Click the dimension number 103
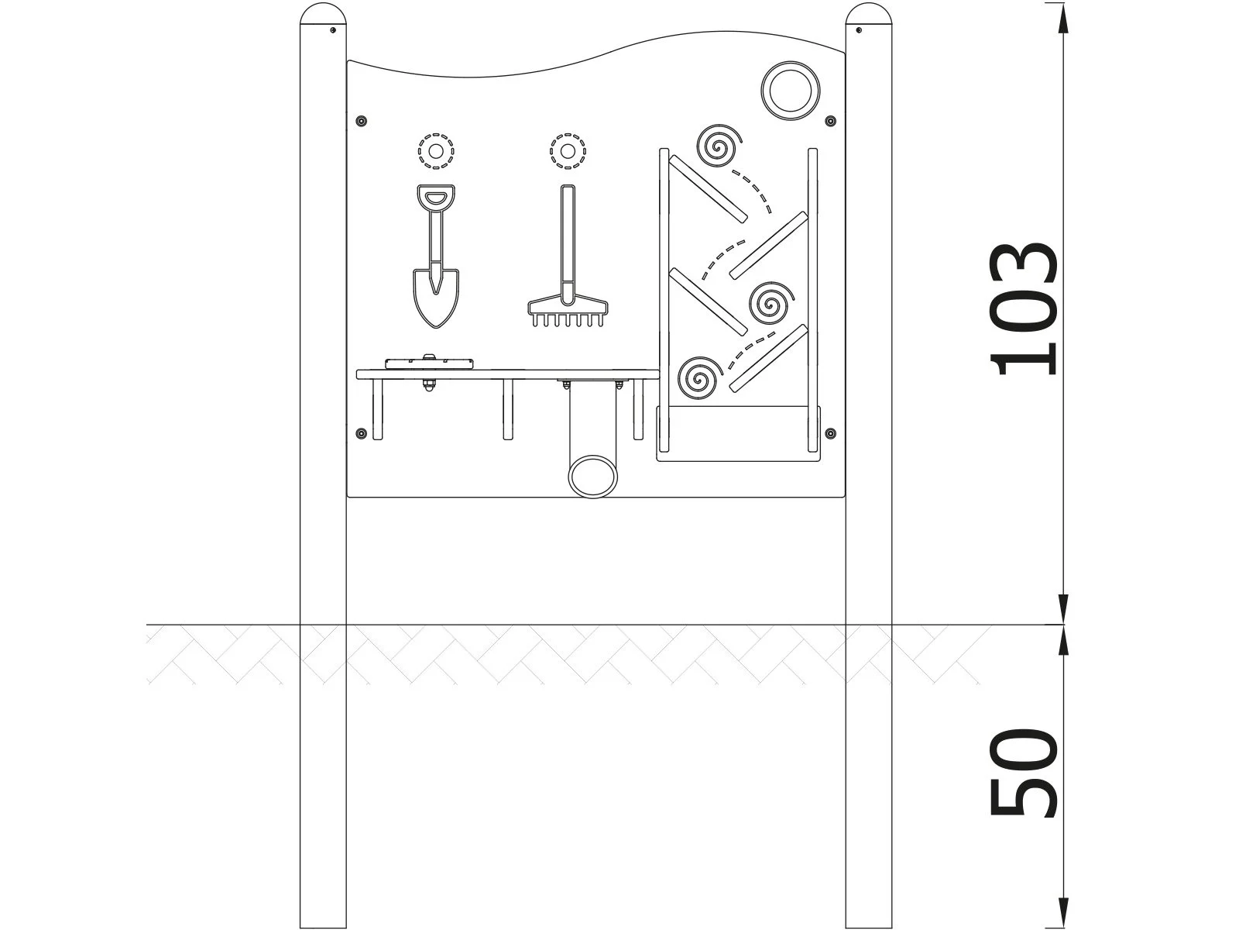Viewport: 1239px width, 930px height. tap(1024, 309)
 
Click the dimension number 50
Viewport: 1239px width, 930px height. tap(1024, 772)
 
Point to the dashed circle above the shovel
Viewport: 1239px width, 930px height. tap(436, 151)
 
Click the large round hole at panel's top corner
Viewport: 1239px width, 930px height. tap(790, 90)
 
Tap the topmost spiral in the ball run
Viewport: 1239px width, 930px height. tap(719, 145)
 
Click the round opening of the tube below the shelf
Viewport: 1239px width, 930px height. tap(593, 477)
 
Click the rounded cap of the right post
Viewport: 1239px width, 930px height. tap(869, 18)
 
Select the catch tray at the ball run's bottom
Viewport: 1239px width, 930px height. tap(736, 434)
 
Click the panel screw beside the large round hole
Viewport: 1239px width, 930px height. tap(830, 121)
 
